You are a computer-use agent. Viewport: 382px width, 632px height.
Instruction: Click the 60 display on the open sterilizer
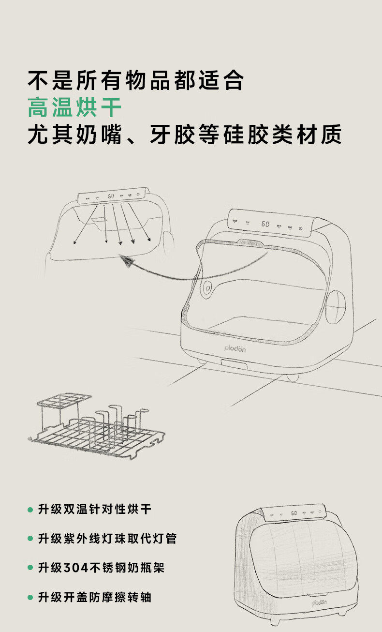(x=265, y=224)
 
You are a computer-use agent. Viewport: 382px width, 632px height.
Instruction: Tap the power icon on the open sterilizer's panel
(x=301, y=228)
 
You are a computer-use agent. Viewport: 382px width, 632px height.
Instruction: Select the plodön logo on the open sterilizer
(x=235, y=348)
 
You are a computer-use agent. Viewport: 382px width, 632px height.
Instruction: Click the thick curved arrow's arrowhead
(x=127, y=262)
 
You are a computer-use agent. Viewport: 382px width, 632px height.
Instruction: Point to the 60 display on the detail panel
(x=111, y=196)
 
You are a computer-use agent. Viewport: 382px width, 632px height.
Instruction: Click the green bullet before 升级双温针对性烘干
(x=30, y=510)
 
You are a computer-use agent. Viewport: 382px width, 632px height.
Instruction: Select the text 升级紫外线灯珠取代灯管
(x=107, y=538)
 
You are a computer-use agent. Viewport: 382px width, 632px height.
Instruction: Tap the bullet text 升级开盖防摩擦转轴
(x=95, y=597)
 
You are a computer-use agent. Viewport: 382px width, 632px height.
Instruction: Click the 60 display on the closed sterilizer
(x=294, y=513)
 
